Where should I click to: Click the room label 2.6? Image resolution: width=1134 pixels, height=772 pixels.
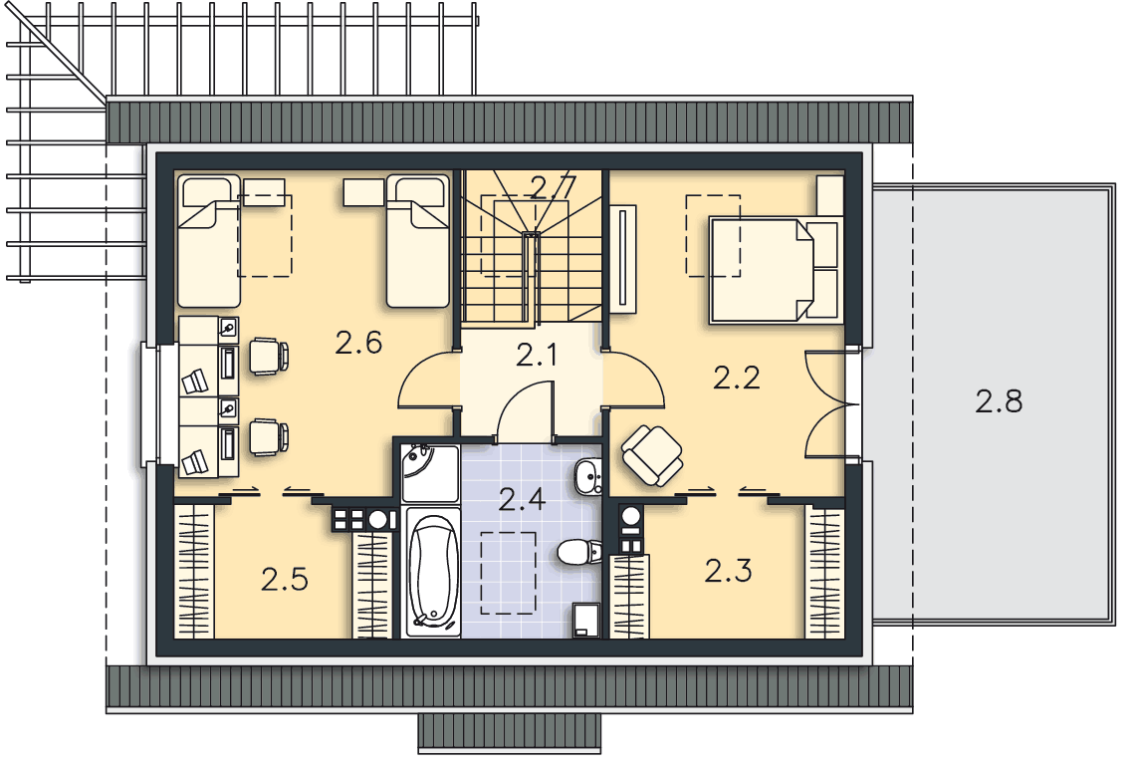[x=358, y=343]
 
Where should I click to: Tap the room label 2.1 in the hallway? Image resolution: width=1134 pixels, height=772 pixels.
[x=537, y=355]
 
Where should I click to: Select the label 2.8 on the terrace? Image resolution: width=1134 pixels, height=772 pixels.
[x=999, y=400]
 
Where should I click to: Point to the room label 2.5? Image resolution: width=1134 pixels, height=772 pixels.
[x=285, y=579]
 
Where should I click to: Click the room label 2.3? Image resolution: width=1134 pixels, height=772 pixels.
[x=728, y=571]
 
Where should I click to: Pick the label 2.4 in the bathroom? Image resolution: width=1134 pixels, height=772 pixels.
[x=522, y=498]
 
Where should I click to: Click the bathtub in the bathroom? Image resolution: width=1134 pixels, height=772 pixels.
[x=433, y=572]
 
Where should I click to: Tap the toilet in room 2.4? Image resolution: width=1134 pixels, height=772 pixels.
[x=579, y=552]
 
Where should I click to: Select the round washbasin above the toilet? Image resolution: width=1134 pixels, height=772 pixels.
[x=588, y=477]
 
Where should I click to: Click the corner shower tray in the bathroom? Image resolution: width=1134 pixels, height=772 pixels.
[x=430, y=473]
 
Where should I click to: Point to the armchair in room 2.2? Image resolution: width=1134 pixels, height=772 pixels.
[x=652, y=455]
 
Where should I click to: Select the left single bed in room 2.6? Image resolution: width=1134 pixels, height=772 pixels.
[x=209, y=241]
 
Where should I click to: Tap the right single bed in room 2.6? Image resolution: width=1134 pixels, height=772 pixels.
[x=418, y=241]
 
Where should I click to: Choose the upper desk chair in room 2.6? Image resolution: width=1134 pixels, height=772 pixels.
[x=269, y=356]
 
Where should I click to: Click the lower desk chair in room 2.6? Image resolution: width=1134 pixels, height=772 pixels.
[x=269, y=437]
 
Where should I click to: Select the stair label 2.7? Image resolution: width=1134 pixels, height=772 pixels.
[x=554, y=187]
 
